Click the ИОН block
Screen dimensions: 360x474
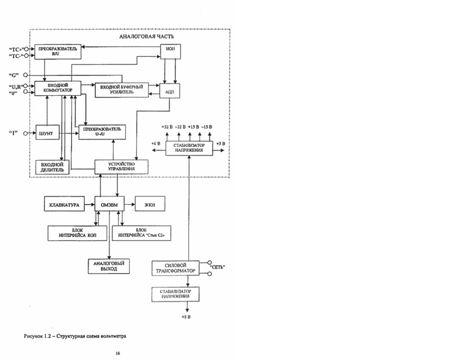[x=170, y=52]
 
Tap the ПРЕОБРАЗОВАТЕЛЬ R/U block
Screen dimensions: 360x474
[x=57, y=51]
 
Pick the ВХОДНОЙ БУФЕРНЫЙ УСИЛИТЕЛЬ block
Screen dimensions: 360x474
[x=121, y=89]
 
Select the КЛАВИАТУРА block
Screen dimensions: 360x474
[x=64, y=205]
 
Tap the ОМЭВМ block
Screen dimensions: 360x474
[x=109, y=205]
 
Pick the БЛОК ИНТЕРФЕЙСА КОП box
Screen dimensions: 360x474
[x=77, y=233]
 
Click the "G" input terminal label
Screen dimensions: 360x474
[x=15, y=75]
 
